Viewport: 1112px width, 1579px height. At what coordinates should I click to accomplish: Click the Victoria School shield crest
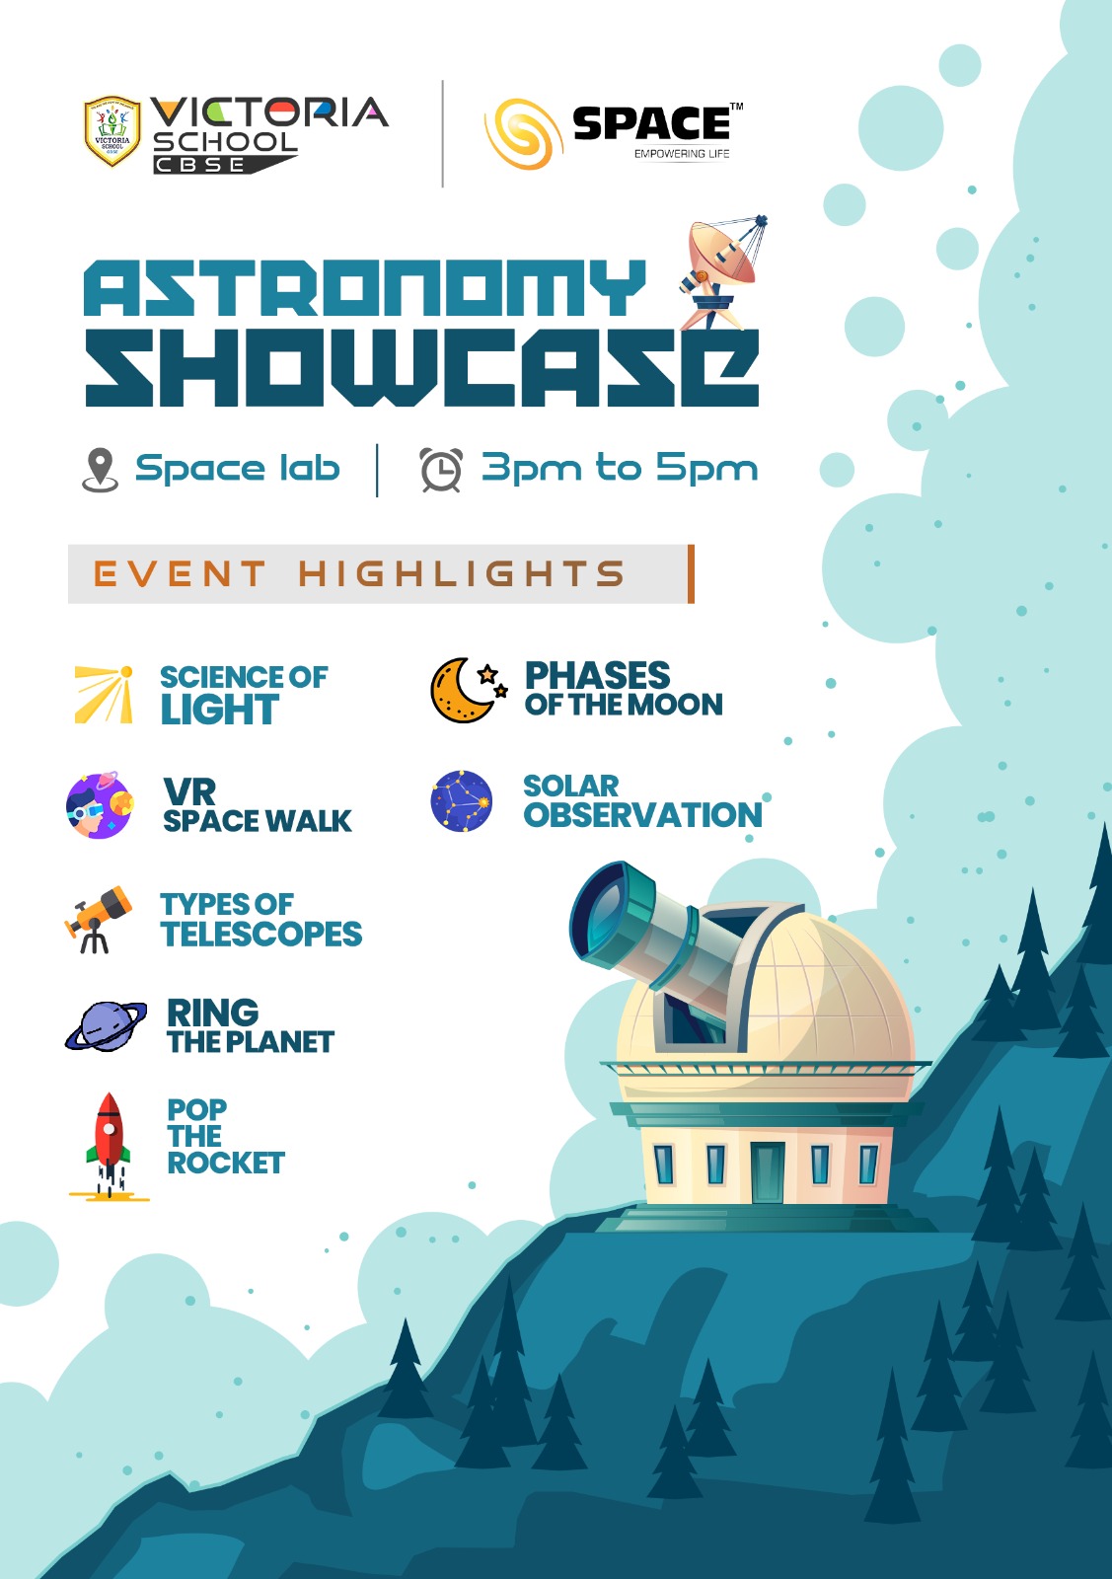112,131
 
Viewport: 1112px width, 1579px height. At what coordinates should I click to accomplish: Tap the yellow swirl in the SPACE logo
524,134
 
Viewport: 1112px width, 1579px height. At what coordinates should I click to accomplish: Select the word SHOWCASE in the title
421,367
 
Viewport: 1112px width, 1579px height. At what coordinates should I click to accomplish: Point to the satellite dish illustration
722,272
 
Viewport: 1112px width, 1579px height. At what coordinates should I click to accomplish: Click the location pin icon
100,470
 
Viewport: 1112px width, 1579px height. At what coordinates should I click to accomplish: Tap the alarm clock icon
441,470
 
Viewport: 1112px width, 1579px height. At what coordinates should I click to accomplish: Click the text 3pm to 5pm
620,468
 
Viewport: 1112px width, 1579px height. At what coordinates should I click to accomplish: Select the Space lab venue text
238,468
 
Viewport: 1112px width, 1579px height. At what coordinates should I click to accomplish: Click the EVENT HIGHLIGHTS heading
359,573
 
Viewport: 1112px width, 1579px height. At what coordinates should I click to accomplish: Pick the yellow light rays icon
104,695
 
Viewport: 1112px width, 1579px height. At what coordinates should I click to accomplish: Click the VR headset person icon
100,805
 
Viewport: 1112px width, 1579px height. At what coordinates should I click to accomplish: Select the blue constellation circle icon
462,801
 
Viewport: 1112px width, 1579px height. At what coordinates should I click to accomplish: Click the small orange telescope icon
98,919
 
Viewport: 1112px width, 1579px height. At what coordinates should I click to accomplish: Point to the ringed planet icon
106,1026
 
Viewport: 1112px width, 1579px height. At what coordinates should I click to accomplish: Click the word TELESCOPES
261,934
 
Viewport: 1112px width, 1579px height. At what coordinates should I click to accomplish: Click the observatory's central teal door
768,1173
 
